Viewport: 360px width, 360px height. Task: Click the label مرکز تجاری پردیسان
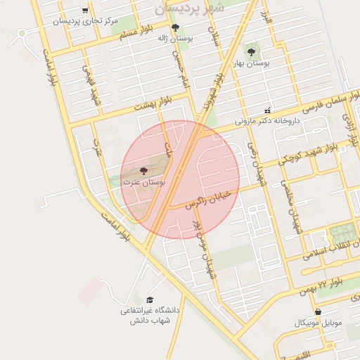(84, 21)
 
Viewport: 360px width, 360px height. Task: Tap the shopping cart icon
(85, 11)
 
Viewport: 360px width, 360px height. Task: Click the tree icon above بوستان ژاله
(175, 28)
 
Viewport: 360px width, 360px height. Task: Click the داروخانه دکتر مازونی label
(266, 121)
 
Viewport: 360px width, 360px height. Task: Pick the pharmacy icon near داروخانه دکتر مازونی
(266, 110)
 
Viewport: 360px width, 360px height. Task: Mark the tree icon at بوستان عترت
(144, 171)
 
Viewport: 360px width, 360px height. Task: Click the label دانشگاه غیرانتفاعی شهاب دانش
(150, 315)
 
